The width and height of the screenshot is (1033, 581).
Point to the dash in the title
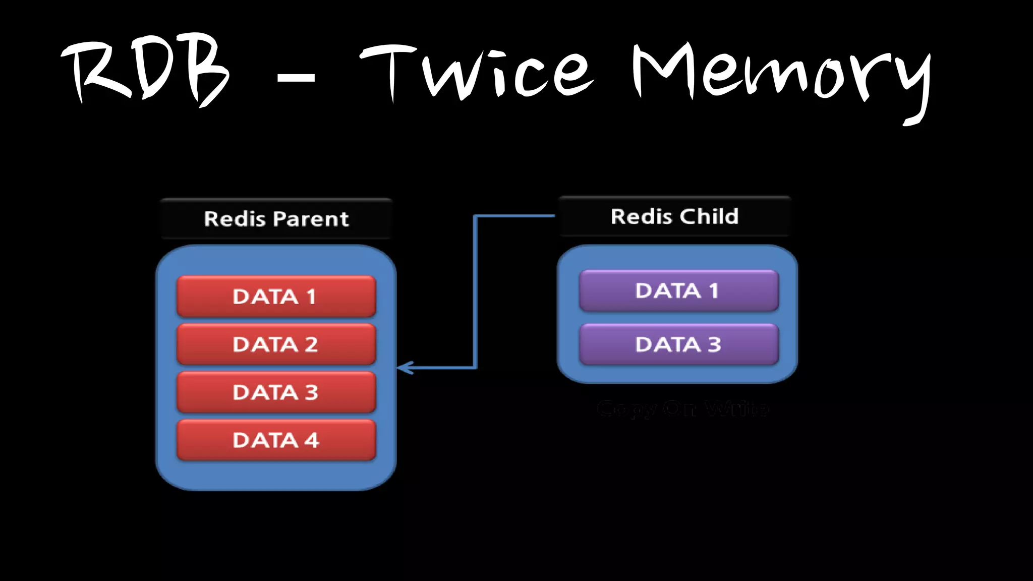pos(296,78)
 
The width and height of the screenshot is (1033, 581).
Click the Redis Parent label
pos(276,219)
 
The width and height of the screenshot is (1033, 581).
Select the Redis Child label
pos(674,216)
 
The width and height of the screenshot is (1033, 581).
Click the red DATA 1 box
pos(276,297)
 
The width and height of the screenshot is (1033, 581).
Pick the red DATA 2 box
pos(276,344)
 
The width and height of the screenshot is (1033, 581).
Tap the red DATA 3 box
pos(276,392)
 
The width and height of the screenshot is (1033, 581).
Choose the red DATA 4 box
pos(276,440)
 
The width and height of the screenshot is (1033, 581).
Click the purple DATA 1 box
pos(678,290)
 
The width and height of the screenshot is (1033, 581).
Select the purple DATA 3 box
pos(678,344)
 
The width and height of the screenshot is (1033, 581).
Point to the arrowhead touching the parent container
pos(404,368)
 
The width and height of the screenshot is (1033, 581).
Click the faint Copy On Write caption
pos(682,409)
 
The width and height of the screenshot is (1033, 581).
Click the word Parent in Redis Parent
pos(312,219)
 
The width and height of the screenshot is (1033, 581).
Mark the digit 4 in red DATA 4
pos(312,440)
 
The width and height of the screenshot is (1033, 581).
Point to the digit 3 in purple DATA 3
pos(714,344)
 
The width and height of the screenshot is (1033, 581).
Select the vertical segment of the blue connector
pos(475,293)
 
